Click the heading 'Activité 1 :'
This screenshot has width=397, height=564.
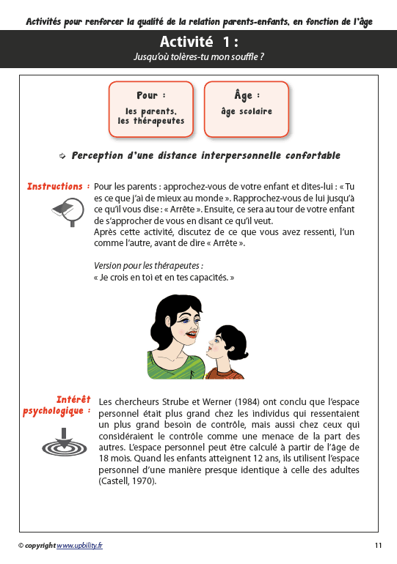[x=198, y=41]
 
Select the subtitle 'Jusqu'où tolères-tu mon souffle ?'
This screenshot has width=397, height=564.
[x=198, y=56]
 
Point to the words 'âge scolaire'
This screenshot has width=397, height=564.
[x=247, y=112]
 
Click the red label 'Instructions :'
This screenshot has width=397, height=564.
[x=59, y=187]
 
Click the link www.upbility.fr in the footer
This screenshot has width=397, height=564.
[x=80, y=546]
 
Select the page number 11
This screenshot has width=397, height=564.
[x=378, y=546]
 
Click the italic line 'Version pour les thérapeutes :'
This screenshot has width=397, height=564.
[x=149, y=265]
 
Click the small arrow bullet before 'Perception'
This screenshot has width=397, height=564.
[x=63, y=156]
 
